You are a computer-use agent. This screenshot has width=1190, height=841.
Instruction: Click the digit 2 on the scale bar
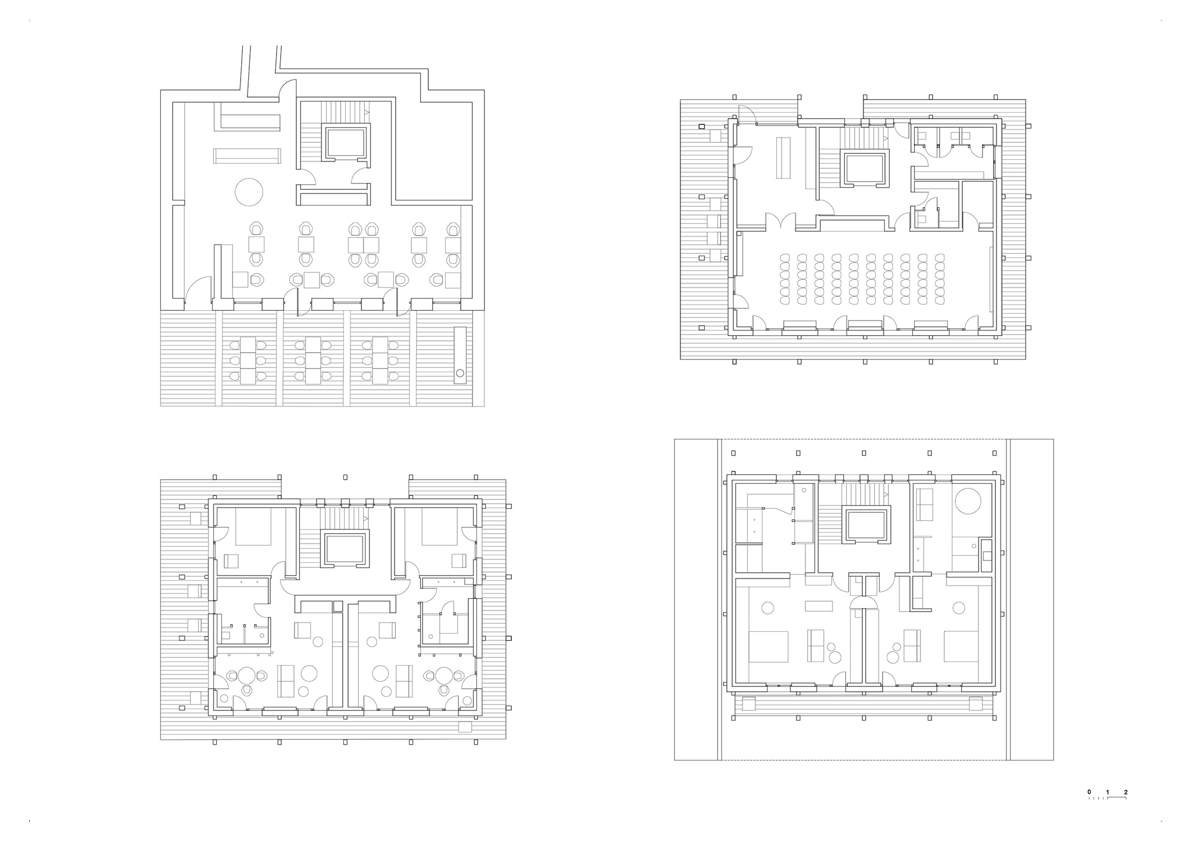[1126, 792]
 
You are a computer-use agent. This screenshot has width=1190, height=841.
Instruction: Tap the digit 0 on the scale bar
[1089, 792]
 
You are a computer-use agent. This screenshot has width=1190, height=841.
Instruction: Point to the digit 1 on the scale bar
[1108, 792]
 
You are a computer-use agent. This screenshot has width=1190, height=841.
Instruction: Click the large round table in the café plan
[249, 192]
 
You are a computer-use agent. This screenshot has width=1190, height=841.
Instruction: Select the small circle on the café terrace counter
[460, 373]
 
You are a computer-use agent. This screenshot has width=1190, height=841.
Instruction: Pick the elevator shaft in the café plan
[345, 142]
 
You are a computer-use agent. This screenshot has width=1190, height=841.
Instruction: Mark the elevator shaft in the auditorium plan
[865, 169]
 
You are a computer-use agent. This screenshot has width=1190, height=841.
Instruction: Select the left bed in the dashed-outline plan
[768, 646]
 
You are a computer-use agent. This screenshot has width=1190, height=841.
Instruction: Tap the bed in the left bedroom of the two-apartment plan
[253, 526]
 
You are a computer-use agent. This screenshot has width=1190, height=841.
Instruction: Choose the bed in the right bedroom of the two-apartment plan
[440, 526]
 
